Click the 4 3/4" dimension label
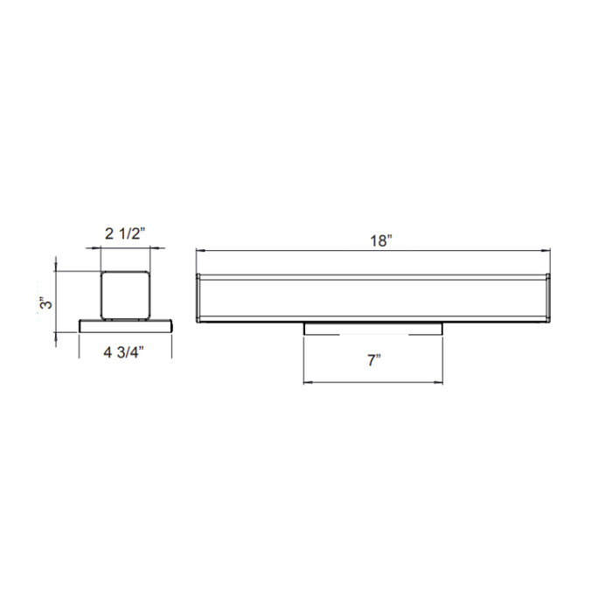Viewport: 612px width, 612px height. tap(123, 353)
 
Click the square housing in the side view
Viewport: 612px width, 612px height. tap(127, 295)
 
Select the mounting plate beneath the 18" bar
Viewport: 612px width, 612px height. tap(373, 328)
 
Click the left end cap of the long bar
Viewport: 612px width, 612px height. tap(199, 297)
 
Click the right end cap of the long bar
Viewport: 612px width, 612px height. tap(548, 297)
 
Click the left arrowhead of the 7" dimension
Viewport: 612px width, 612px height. tap(306, 382)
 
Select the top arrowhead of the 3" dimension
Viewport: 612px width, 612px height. tap(57, 272)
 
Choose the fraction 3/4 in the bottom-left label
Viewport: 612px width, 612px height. tap(131, 353)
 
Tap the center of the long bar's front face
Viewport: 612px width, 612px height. tap(374, 298)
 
